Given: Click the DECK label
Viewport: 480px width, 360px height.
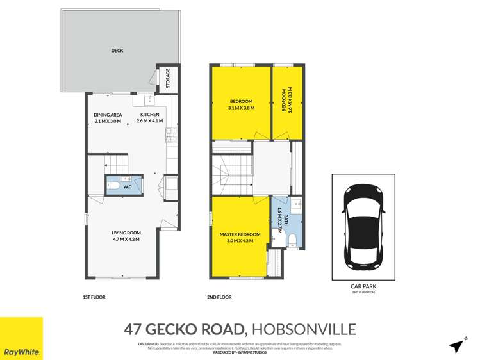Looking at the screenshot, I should (116, 51).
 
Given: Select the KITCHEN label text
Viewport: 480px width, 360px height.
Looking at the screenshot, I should (149, 115).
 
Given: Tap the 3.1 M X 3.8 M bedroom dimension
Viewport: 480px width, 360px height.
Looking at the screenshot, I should (241, 108).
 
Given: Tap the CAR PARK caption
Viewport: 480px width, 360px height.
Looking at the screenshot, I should (363, 287).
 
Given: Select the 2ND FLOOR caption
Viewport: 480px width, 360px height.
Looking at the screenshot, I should (220, 297).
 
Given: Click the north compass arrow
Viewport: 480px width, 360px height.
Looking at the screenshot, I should (457, 345).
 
